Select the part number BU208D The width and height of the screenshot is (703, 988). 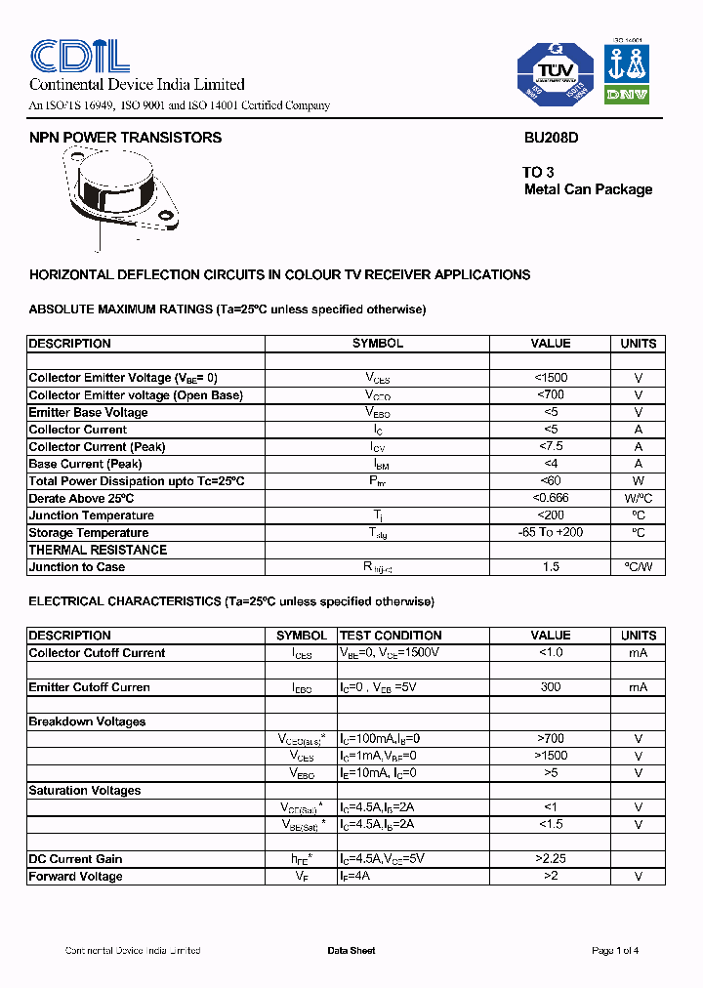click(551, 138)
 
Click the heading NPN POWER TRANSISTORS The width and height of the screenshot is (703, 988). click(125, 138)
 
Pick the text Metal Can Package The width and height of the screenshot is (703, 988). click(588, 189)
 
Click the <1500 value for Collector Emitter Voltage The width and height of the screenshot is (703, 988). click(551, 378)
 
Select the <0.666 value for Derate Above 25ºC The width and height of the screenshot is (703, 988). click(551, 498)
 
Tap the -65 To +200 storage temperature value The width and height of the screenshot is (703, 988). click(551, 532)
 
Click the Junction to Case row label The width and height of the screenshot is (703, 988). click(77, 566)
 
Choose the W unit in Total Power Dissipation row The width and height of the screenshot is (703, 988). click(638, 481)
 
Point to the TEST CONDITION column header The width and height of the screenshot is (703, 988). click(391, 636)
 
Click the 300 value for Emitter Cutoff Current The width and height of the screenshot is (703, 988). click(551, 687)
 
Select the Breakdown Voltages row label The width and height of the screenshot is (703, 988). click(87, 721)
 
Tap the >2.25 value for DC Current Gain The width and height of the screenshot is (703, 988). click(551, 859)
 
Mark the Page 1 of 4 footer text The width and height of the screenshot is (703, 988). click(615, 951)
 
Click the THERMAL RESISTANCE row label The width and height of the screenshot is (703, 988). click(98, 550)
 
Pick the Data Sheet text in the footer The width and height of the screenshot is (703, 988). click(351, 951)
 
